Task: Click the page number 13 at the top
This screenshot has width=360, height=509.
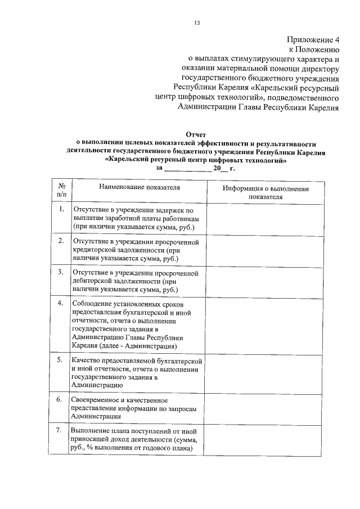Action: pos(196,23)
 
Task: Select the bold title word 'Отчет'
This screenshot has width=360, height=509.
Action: pos(195,135)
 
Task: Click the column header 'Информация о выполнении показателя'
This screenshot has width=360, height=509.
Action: pos(264,193)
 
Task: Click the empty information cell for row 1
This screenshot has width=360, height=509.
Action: pos(264,219)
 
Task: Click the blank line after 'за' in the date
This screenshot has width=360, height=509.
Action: pos(185,168)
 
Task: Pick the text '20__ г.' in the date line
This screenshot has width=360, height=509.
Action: pos(223,168)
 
